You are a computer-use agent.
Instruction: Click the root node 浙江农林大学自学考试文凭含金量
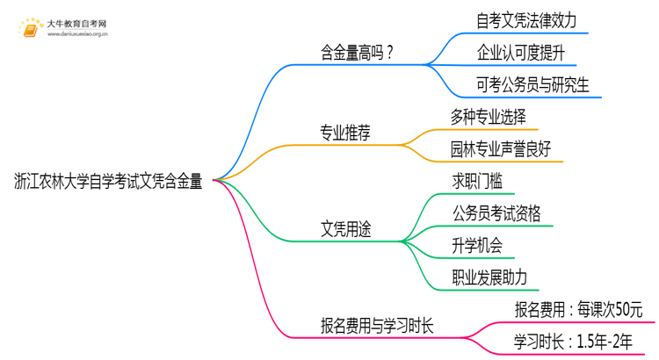(x=108, y=182)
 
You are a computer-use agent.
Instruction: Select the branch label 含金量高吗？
(x=356, y=53)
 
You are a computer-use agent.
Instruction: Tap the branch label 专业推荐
(x=345, y=133)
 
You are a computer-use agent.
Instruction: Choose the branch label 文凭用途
(x=345, y=229)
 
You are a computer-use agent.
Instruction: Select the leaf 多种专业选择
(x=489, y=116)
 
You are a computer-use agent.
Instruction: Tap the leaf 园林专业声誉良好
(x=501, y=148)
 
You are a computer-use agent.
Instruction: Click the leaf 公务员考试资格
(x=496, y=213)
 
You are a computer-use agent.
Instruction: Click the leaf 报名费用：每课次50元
(x=579, y=309)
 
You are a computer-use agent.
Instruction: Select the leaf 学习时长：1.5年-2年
(x=573, y=342)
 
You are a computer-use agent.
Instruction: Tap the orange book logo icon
(x=31, y=28)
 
